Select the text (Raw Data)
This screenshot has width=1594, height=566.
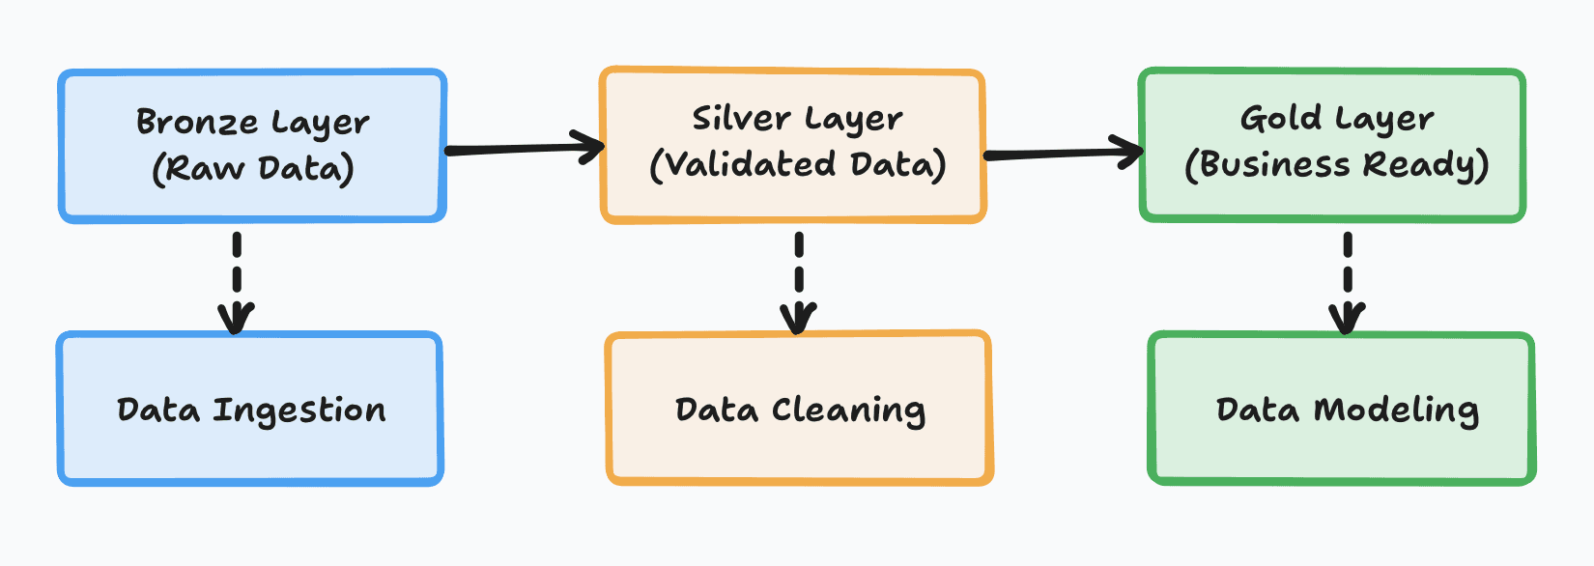click(253, 169)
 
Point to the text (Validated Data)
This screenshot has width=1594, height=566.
click(797, 164)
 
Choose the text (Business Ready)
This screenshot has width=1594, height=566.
click(1337, 165)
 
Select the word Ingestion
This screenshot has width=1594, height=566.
click(299, 411)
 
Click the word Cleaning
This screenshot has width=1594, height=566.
click(848, 411)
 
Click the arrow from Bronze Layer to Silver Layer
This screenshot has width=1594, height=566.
click(522, 150)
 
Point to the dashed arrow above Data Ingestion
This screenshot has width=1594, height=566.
click(237, 280)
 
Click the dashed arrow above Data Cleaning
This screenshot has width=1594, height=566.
click(799, 280)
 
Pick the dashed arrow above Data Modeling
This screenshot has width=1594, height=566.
click(1348, 280)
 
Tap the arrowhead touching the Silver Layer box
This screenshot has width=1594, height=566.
click(591, 147)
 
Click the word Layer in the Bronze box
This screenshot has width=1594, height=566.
click(320, 125)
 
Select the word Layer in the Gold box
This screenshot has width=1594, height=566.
click(1384, 120)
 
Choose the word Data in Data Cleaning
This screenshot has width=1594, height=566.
click(716, 410)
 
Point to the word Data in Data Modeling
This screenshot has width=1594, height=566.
click(1257, 410)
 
